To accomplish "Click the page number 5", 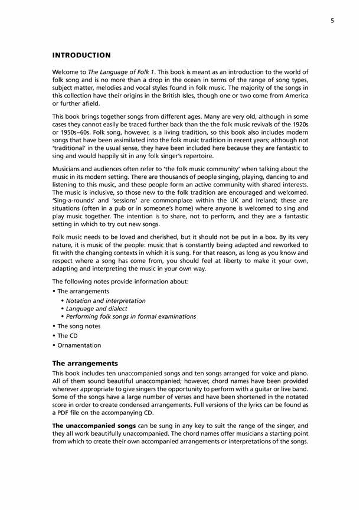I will [x=333, y=21].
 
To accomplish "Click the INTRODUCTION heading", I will [x=81, y=55].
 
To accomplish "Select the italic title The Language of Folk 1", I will [x=113, y=71].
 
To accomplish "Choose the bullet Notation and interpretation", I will [x=106, y=300].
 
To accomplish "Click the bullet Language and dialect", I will [x=96, y=309].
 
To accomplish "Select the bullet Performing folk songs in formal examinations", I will [x=130, y=316].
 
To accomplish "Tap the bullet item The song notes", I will [x=78, y=326].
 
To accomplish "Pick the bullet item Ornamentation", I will [x=79, y=345].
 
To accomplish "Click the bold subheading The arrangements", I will [x=86, y=364].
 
